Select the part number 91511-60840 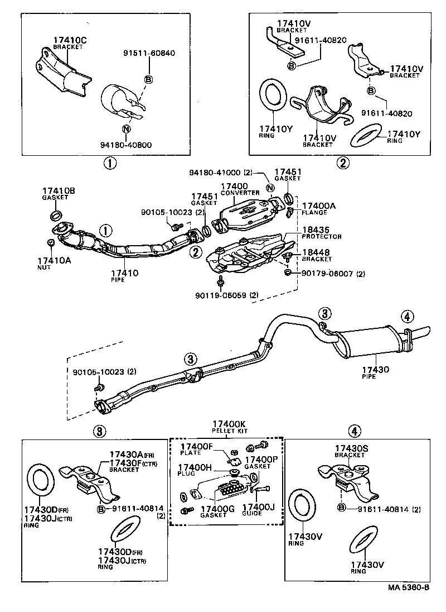pyautogui.click(x=149, y=53)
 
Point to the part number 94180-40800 pyautogui.click(x=126, y=145)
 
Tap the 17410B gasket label pyautogui.click(x=59, y=191)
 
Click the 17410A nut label pyautogui.click(x=52, y=261)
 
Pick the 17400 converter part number pyautogui.click(x=234, y=186)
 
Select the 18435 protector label pyautogui.click(x=314, y=230)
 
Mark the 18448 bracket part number pyautogui.click(x=315, y=252)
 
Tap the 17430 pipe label pyautogui.click(x=376, y=370)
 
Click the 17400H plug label pyautogui.click(x=194, y=467)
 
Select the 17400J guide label pyautogui.click(x=259, y=508)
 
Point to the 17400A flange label pyautogui.click(x=318, y=206)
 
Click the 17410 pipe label pyautogui.click(x=125, y=273)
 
